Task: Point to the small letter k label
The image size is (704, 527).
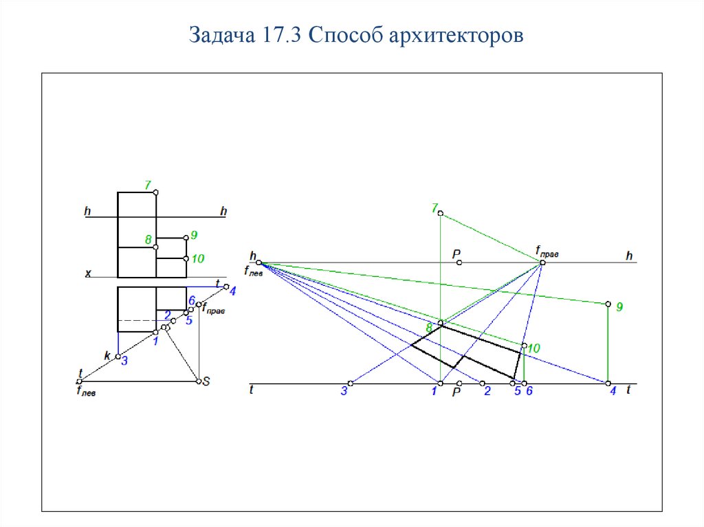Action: [x=107, y=355]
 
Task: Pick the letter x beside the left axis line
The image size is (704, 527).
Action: [x=88, y=273]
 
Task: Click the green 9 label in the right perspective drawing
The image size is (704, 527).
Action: [x=619, y=307]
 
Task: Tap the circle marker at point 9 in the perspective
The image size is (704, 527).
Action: [x=608, y=304]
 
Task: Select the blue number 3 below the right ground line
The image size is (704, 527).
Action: [x=344, y=392]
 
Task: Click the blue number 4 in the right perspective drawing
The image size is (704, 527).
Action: [x=613, y=392]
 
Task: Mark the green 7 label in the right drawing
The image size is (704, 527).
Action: [x=434, y=207]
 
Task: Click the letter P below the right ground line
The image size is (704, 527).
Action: [x=455, y=392]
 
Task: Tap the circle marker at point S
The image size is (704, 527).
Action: [x=197, y=381]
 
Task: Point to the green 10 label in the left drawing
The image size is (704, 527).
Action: [x=198, y=259]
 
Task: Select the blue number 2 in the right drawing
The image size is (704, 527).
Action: [x=487, y=392]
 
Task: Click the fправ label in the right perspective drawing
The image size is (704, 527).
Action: [x=547, y=252]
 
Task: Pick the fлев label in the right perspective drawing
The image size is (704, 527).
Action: [x=255, y=271]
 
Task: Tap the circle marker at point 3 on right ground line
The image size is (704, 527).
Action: [x=350, y=383]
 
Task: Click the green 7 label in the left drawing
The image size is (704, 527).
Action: [x=148, y=184]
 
